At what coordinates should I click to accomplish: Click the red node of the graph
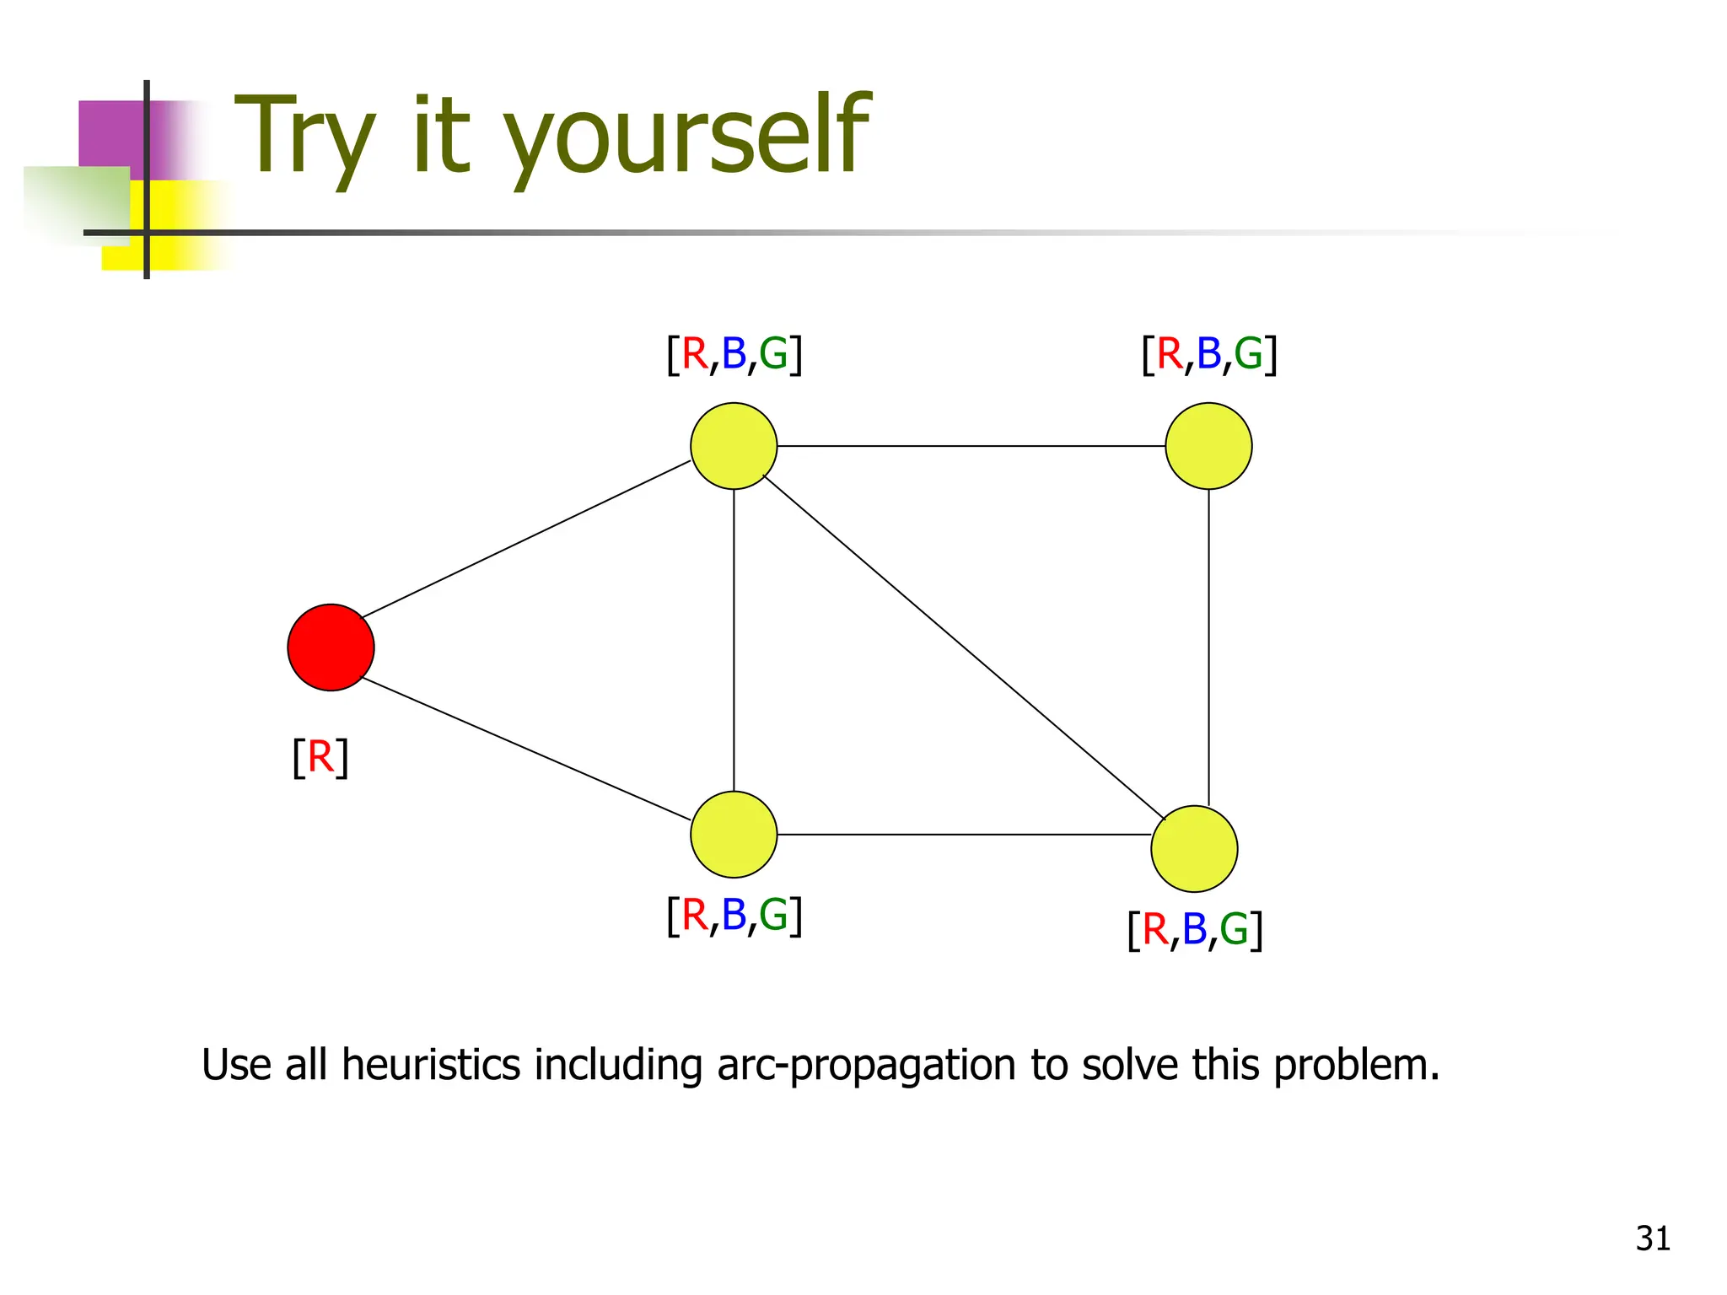[331, 647]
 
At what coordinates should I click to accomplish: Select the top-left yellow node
[734, 446]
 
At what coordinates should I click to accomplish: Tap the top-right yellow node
[1208, 446]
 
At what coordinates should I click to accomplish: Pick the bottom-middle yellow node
[734, 835]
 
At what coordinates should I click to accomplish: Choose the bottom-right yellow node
[1194, 849]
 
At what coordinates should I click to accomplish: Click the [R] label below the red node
[320, 757]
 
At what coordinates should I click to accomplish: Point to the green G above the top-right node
[1248, 353]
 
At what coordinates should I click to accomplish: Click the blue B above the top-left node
[734, 353]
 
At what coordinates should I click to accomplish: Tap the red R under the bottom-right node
[1155, 930]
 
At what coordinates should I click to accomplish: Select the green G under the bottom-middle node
[773, 916]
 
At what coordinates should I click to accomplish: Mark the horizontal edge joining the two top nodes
[970, 446]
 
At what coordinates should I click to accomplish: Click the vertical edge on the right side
[1208, 645]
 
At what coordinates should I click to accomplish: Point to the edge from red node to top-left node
[527, 540]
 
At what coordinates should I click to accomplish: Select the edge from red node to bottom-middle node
[527, 749]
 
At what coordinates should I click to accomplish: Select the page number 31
[1653, 1239]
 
